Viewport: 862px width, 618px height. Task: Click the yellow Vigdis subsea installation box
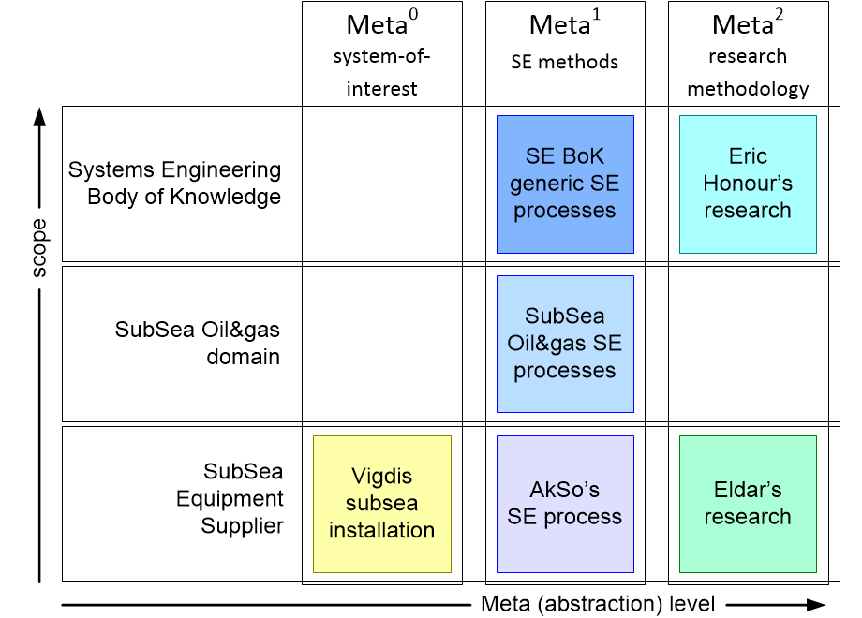pos(382,505)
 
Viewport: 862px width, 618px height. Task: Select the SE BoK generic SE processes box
pos(565,184)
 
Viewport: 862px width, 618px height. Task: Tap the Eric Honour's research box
pos(749,184)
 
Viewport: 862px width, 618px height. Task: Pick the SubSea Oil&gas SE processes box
pos(565,344)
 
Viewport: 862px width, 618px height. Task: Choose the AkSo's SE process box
pos(565,505)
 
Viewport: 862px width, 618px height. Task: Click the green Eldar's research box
pos(749,505)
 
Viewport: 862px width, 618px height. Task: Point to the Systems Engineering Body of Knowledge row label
pos(175,183)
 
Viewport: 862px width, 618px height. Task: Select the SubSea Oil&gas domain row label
pos(198,343)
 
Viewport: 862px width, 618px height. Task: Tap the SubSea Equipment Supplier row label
pos(230,498)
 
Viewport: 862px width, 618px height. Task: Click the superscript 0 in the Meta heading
pos(413,14)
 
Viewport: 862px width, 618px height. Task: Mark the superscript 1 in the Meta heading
pos(596,14)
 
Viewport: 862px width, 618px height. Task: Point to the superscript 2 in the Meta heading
pos(779,14)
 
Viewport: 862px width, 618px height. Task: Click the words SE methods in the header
pos(565,62)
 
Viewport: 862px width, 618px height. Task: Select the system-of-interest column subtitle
pos(381,72)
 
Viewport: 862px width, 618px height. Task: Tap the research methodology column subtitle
pos(749,73)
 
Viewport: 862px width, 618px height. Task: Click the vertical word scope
pos(39,248)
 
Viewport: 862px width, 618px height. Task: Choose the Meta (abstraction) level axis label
pos(598,604)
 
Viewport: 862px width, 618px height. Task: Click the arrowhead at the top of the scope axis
pos(39,116)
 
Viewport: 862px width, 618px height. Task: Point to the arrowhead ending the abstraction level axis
pos(816,605)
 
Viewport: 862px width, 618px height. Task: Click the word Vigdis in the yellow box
pos(381,477)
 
